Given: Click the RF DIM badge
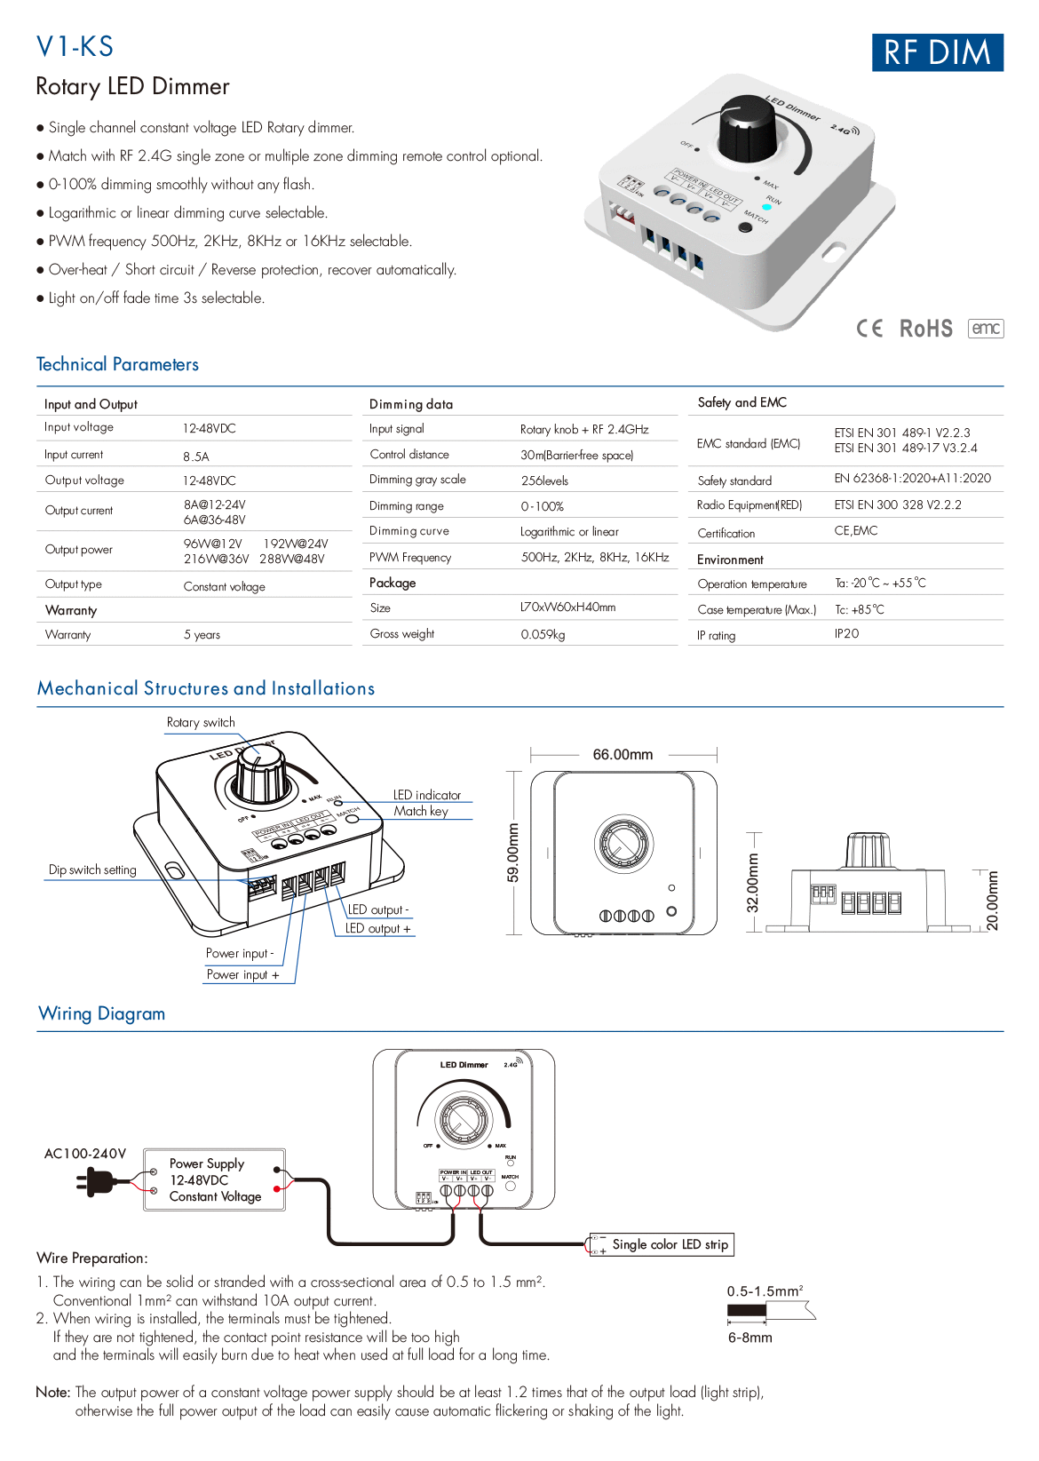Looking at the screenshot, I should point(937,52).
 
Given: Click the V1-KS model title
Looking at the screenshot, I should point(75,46).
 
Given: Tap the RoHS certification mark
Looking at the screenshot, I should point(925,329).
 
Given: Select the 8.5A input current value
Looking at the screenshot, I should point(196,457).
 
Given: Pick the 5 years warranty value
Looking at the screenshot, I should point(202,635).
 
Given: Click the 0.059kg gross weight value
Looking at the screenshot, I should point(543,634).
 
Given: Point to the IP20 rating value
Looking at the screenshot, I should point(846,633).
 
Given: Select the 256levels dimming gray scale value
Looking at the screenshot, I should point(544,480).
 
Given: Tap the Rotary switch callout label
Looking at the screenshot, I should point(201,722).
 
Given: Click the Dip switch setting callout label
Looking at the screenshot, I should point(92,869).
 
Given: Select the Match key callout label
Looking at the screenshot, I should point(421,811).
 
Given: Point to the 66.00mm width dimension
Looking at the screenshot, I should point(623,754).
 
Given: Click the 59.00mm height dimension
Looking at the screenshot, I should point(513,853).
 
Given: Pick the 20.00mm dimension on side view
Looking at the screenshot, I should point(993,900).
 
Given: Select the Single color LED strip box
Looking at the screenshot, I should point(662,1244).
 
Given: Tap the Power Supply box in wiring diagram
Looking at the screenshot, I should point(214,1179).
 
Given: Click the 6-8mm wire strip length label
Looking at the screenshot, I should point(750,1338).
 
